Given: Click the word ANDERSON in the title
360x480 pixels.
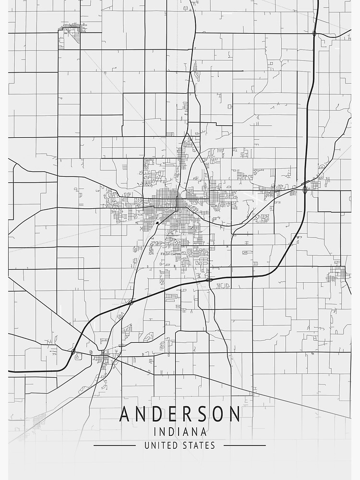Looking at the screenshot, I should click(x=180, y=414).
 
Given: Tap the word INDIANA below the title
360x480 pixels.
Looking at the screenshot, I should click(x=180, y=432).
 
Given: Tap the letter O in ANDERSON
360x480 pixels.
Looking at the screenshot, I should click(x=219, y=414).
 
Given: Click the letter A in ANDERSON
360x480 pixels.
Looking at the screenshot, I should click(x=125, y=414).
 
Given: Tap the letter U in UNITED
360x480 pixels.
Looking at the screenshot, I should click(x=147, y=445).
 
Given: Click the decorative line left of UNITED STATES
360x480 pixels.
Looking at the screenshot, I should click(x=115, y=445).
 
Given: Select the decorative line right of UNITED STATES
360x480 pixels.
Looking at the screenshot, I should click(x=244, y=445).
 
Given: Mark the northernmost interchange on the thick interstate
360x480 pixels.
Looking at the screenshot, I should click(x=314, y=33).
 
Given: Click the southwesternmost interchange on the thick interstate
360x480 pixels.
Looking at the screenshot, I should click(x=73, y=352).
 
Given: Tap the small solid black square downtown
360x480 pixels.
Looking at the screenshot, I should click(x=157, y=223).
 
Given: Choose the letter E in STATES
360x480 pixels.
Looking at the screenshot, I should click(x=207, y=445).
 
